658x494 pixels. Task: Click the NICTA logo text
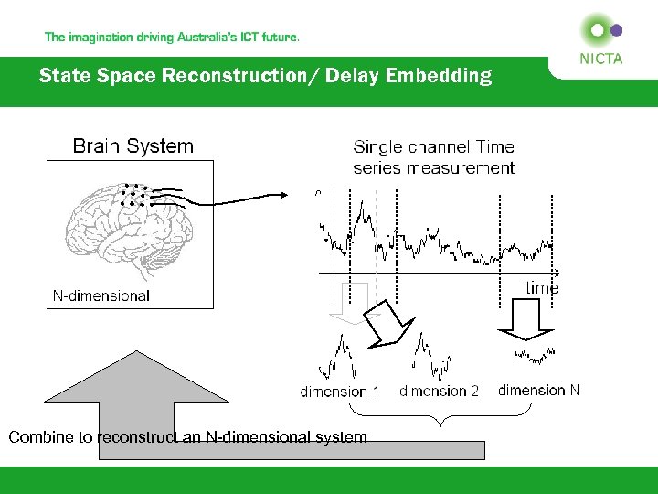[600, 59]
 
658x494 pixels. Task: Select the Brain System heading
[133, 146]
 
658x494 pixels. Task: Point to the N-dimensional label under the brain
[101, 295]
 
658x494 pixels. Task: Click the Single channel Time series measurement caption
[433, 157]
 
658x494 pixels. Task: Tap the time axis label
[541, 288]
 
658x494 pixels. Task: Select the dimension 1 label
[339, 392]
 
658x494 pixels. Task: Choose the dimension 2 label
[439, 391]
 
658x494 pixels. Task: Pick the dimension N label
[538, 390]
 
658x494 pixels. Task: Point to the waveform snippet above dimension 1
[338, 359]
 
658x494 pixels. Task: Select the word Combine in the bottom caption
[37, 437]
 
